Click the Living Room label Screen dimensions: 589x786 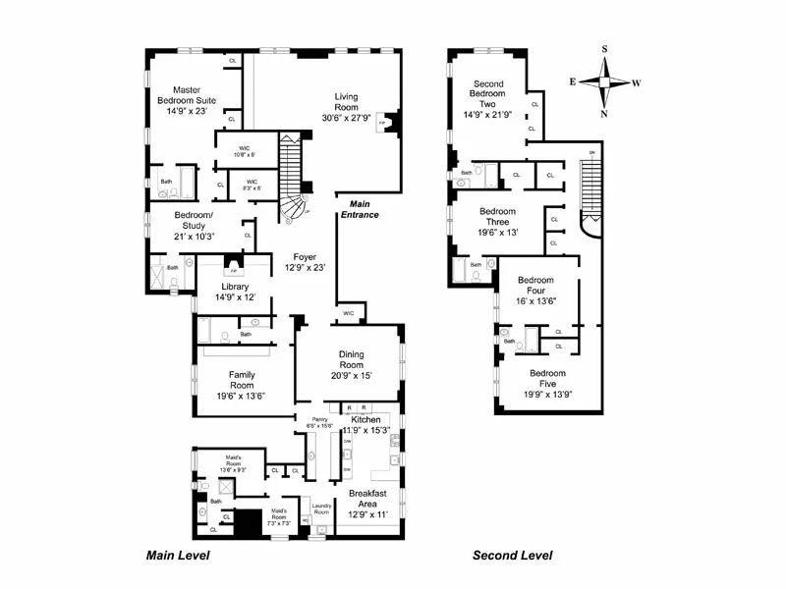(346, 102)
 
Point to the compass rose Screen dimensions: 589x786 (605, 82)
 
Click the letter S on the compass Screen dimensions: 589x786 (605, 50)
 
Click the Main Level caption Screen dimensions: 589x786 (178, 556)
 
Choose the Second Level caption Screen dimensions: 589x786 (512, 556)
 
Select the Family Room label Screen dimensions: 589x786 (242, 381)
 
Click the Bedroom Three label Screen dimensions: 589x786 (498, 222)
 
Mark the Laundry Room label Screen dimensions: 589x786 (321, 510)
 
